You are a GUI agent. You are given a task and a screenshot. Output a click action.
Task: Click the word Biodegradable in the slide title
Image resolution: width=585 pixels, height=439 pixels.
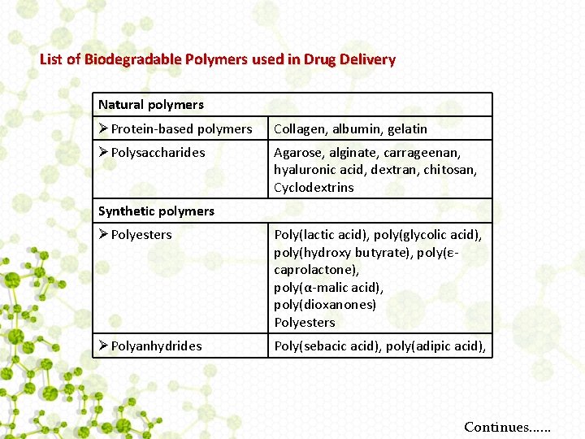133,59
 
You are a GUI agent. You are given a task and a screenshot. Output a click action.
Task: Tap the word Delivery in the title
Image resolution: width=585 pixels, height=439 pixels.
367,59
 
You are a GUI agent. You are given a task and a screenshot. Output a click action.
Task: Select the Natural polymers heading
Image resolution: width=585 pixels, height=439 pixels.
151,105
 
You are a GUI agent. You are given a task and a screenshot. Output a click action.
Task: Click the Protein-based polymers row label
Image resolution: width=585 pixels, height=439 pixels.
181,128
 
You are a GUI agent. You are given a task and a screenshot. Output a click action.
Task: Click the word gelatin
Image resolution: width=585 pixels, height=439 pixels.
405,128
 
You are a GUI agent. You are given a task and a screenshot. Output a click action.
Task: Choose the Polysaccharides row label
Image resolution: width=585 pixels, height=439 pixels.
158,153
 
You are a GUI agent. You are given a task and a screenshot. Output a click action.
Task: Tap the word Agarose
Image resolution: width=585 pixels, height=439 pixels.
296,153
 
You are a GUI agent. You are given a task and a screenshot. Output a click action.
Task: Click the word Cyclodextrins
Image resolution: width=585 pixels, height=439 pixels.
314,188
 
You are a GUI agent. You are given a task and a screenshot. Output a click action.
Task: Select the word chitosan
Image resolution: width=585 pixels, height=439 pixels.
449,170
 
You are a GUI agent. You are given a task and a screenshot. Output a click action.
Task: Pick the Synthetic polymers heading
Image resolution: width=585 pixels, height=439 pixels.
156,211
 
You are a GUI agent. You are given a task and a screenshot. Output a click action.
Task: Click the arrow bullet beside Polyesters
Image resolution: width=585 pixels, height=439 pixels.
103,235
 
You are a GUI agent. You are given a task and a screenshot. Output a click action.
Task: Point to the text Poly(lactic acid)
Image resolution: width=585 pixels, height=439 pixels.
319,235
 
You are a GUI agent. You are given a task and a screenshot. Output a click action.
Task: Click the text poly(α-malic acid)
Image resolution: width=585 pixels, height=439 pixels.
328,288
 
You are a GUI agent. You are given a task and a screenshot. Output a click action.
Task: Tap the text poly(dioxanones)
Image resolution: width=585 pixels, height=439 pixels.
325,305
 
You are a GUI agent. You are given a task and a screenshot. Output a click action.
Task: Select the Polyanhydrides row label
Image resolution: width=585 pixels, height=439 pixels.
158,346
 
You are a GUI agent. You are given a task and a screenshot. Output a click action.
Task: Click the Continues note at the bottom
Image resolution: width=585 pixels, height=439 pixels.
507,427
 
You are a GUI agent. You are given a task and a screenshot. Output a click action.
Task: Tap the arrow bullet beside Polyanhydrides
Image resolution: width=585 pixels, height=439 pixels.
103,346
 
